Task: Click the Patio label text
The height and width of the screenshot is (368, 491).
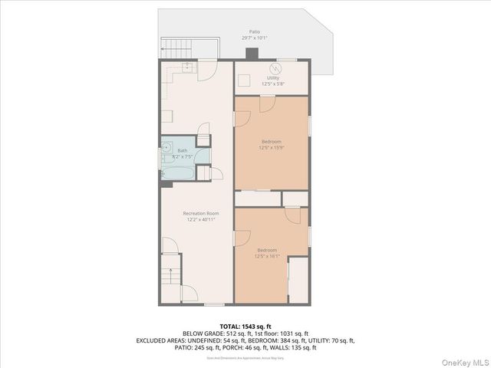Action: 254,31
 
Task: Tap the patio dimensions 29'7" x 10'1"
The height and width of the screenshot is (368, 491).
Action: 254,38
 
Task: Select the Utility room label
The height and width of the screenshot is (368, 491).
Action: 272,78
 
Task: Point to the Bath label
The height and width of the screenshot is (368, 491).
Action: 182,150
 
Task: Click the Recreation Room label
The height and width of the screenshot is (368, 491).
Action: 200,213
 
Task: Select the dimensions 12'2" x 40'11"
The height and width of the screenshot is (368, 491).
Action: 200,219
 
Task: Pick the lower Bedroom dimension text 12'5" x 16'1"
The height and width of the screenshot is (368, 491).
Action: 267,256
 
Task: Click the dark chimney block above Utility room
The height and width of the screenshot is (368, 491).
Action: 252,54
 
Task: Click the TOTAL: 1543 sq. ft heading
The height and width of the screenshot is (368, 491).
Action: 245,326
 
